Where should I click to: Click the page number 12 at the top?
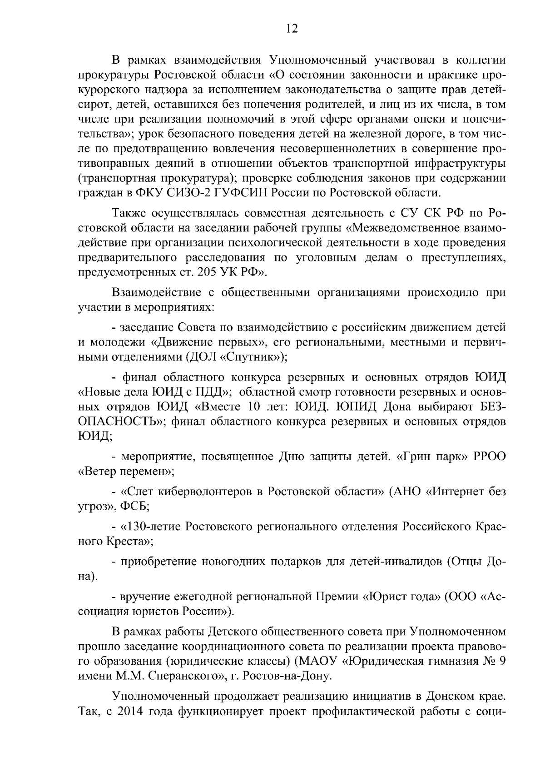[292, 29]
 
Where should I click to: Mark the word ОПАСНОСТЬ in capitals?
[121, 421]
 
